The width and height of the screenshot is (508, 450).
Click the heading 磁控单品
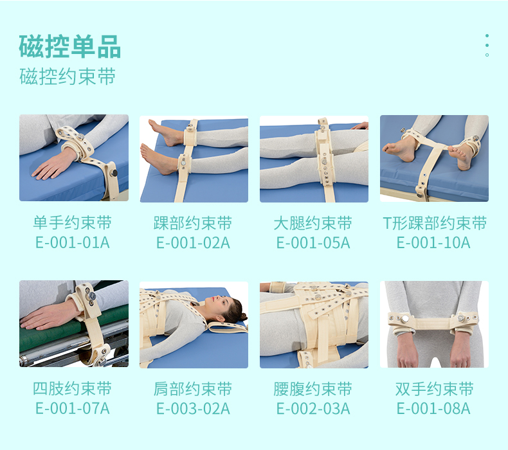coord(70,47)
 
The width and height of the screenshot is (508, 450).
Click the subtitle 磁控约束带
coord(68,76)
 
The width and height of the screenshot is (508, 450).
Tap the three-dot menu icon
coord(487,45)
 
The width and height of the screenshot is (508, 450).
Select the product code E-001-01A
coord(73,242)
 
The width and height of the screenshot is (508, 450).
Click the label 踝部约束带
coord(193,224)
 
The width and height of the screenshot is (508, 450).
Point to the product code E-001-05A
coord(313,242)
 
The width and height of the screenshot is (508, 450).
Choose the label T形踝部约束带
coord(434,224)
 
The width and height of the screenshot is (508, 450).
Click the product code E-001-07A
coord(73,408)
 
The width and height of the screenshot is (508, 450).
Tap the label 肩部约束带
coord(193,389)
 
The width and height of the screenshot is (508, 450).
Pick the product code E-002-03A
coord(313,408)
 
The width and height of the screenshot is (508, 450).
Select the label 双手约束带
coord(434,389)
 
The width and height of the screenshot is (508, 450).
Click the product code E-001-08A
coord(434,408)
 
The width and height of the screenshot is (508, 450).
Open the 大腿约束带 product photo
coord(314,159)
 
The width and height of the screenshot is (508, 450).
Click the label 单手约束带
coord(73,224)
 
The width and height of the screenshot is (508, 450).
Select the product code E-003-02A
coord(193,408)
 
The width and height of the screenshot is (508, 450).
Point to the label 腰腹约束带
coord(313,389)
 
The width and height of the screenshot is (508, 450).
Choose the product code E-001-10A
coord(434,242)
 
